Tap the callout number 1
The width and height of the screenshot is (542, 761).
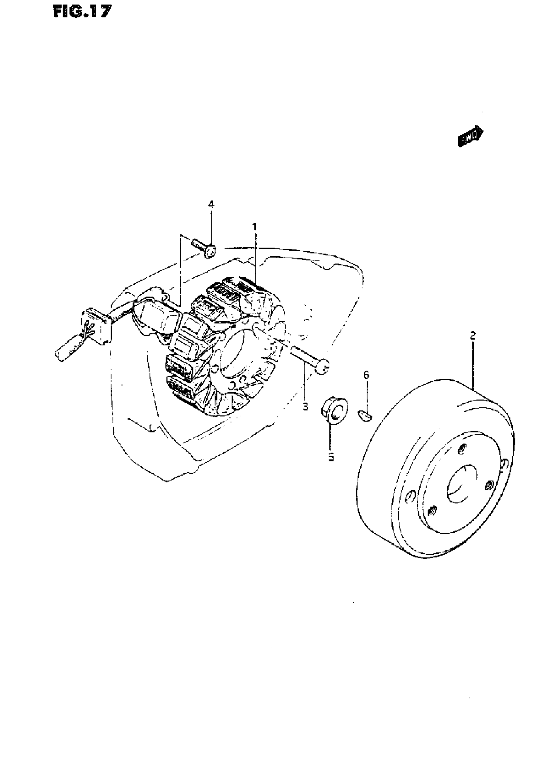click(255, 227)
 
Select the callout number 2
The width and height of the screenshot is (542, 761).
click(473, 336)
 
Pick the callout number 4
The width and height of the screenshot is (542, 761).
click(211, 204)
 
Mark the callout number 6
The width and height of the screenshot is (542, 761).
click(366, 375)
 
